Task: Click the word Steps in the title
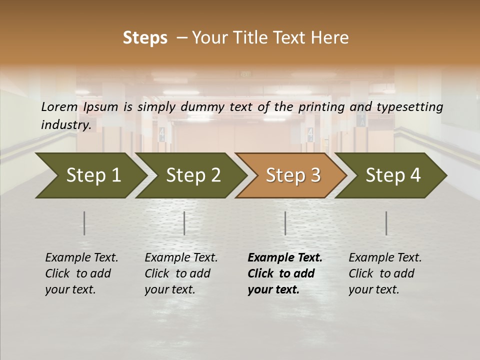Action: pos(145,38)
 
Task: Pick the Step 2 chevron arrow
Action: pos(192,175)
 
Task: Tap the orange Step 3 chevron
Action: pos(292,175)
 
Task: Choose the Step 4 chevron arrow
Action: pos(392,175)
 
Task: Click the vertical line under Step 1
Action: pos(84,223)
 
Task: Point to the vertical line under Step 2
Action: pos(184,223)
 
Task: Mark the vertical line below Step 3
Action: pos(285,223)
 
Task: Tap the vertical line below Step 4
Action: pos(386,223)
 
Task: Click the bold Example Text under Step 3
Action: pos(285,273)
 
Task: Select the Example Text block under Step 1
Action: pos(81,273)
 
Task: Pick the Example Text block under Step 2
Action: pos(181,273)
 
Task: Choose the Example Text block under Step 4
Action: pos(385,273)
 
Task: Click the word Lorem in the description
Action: pos(59,107)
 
